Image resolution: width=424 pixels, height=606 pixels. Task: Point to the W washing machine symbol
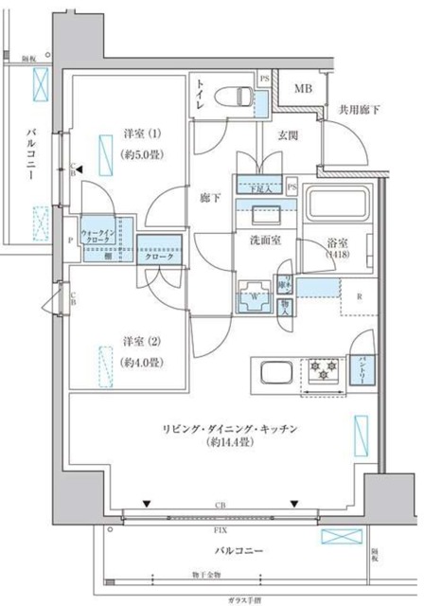254,293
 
